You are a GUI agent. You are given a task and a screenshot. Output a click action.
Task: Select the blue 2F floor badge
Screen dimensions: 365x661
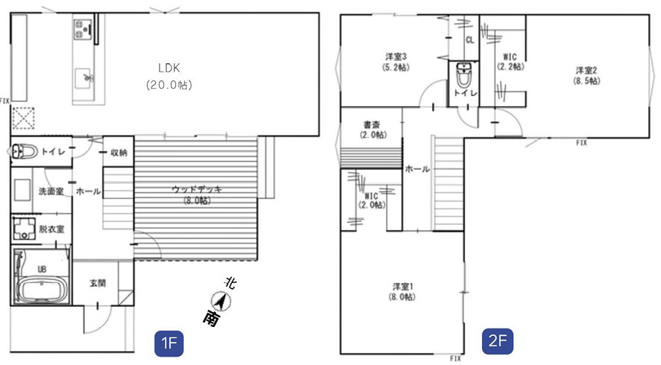[x=497, y=342]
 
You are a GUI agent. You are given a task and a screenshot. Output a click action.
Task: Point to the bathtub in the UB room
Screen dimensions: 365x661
[x=40, y=289]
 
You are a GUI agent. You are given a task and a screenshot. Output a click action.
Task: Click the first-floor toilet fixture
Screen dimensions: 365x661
[x=25, y=151]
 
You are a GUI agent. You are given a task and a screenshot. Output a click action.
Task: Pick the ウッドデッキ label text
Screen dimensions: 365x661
[x=196, y=190]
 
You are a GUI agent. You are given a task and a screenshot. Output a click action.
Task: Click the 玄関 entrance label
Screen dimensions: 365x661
[x=98, y=283]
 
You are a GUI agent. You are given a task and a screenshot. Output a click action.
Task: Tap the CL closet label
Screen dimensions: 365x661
[x=470, y=40]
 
